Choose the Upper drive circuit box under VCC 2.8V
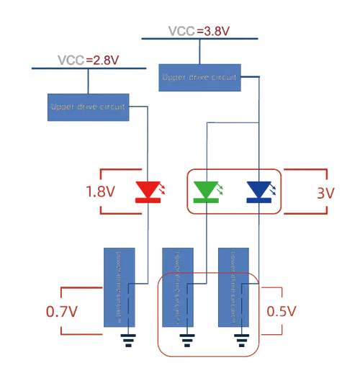(88, 107)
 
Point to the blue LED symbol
(257, 190)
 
